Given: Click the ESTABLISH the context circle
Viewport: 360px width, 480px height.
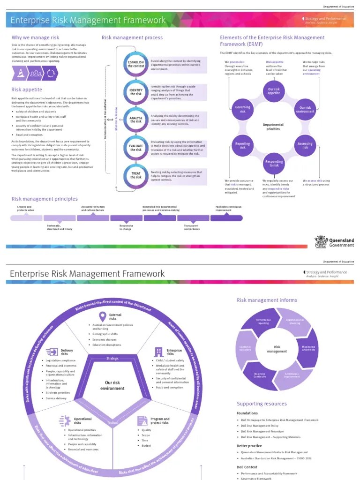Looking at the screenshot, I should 136,64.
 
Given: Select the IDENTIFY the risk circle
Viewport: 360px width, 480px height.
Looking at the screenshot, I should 136,92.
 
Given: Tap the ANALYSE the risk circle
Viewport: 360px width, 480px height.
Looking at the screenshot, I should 136,120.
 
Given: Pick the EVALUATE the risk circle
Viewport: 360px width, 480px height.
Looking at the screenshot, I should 136,148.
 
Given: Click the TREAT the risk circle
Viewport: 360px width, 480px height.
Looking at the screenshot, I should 136,175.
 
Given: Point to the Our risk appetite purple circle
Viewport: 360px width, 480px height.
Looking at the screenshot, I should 274,91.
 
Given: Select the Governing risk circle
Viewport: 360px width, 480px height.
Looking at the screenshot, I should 242,109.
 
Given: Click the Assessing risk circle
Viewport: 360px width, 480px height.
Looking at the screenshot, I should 305,145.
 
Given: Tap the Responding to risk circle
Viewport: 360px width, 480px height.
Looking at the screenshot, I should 274,164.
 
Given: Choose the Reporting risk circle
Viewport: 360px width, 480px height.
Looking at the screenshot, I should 242,145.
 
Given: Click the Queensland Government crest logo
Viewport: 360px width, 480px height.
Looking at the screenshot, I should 321,241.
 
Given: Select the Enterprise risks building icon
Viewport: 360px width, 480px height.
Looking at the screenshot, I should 158,352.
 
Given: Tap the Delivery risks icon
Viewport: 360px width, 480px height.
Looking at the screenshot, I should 52,351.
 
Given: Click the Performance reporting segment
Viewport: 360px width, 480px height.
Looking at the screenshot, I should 263,322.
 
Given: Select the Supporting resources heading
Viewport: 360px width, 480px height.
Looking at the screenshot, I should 262,404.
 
